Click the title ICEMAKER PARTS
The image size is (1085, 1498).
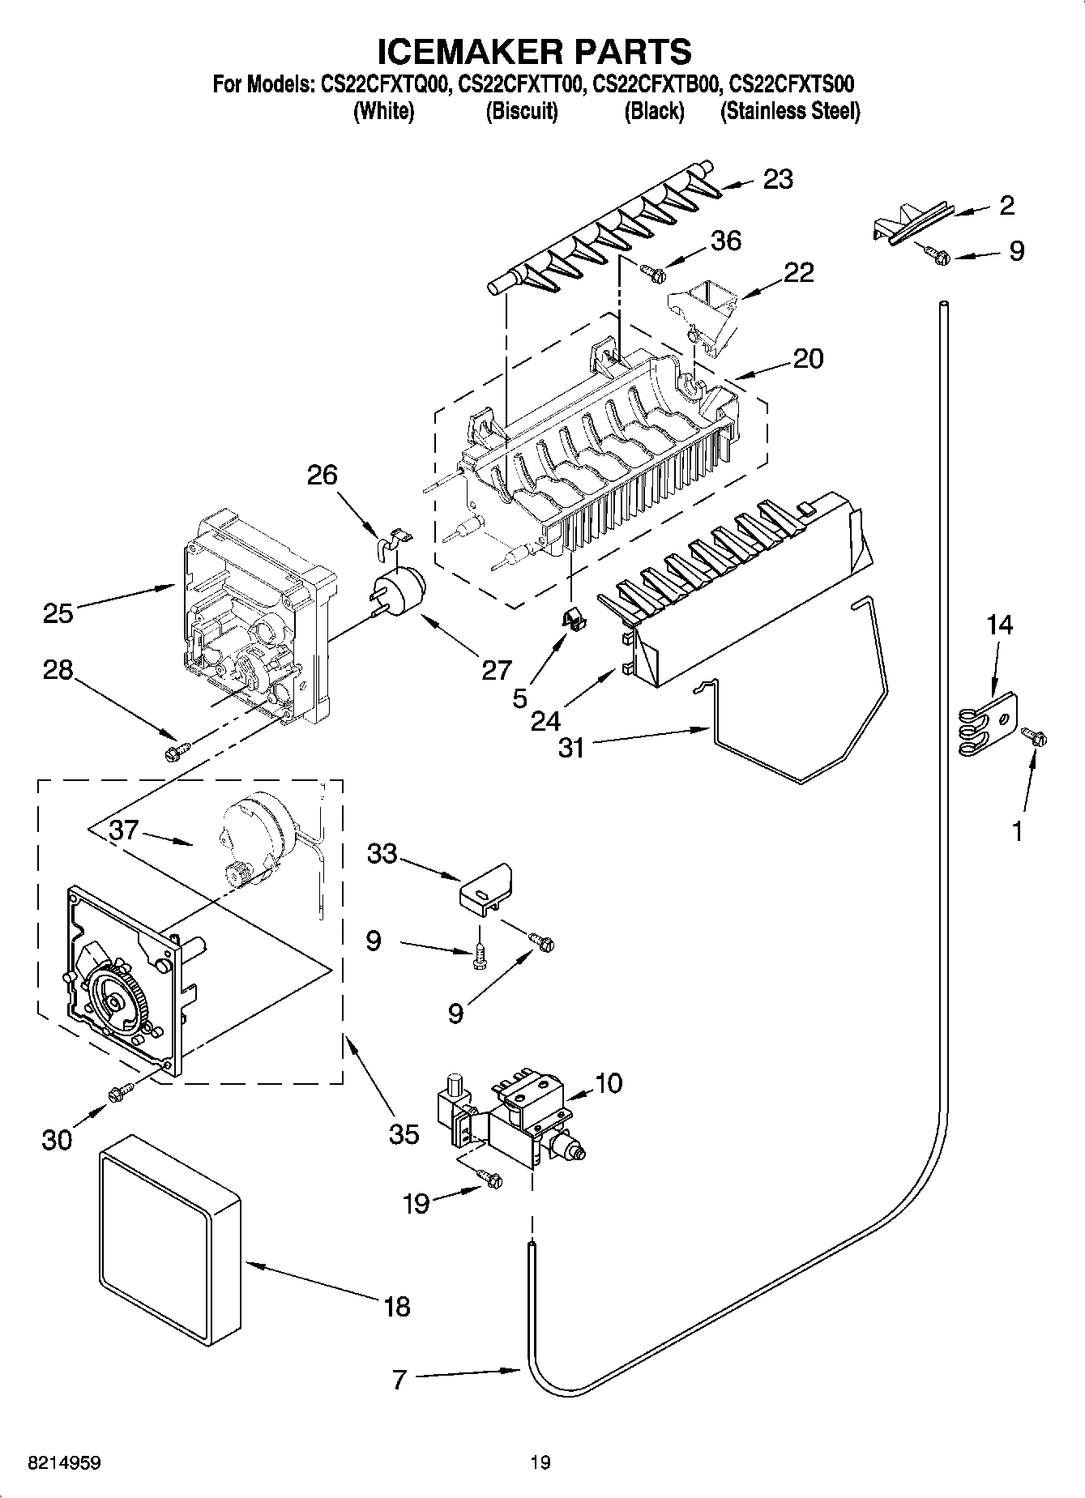click(536, 50)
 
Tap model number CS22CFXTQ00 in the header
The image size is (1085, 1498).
click(383, 83)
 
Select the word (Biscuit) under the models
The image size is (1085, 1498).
click(522, 112)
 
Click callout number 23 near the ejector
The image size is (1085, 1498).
click(777, 179)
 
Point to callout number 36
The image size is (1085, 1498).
click(725, 241)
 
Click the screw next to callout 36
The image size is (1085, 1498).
click(652, 273)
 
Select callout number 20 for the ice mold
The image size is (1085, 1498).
click(808, 358)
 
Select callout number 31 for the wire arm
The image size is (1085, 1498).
click(571, 747)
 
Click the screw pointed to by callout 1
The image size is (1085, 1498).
click(1034, 736)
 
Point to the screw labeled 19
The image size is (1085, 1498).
click(489, 1179)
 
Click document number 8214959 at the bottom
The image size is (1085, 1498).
click(64, 1462)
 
